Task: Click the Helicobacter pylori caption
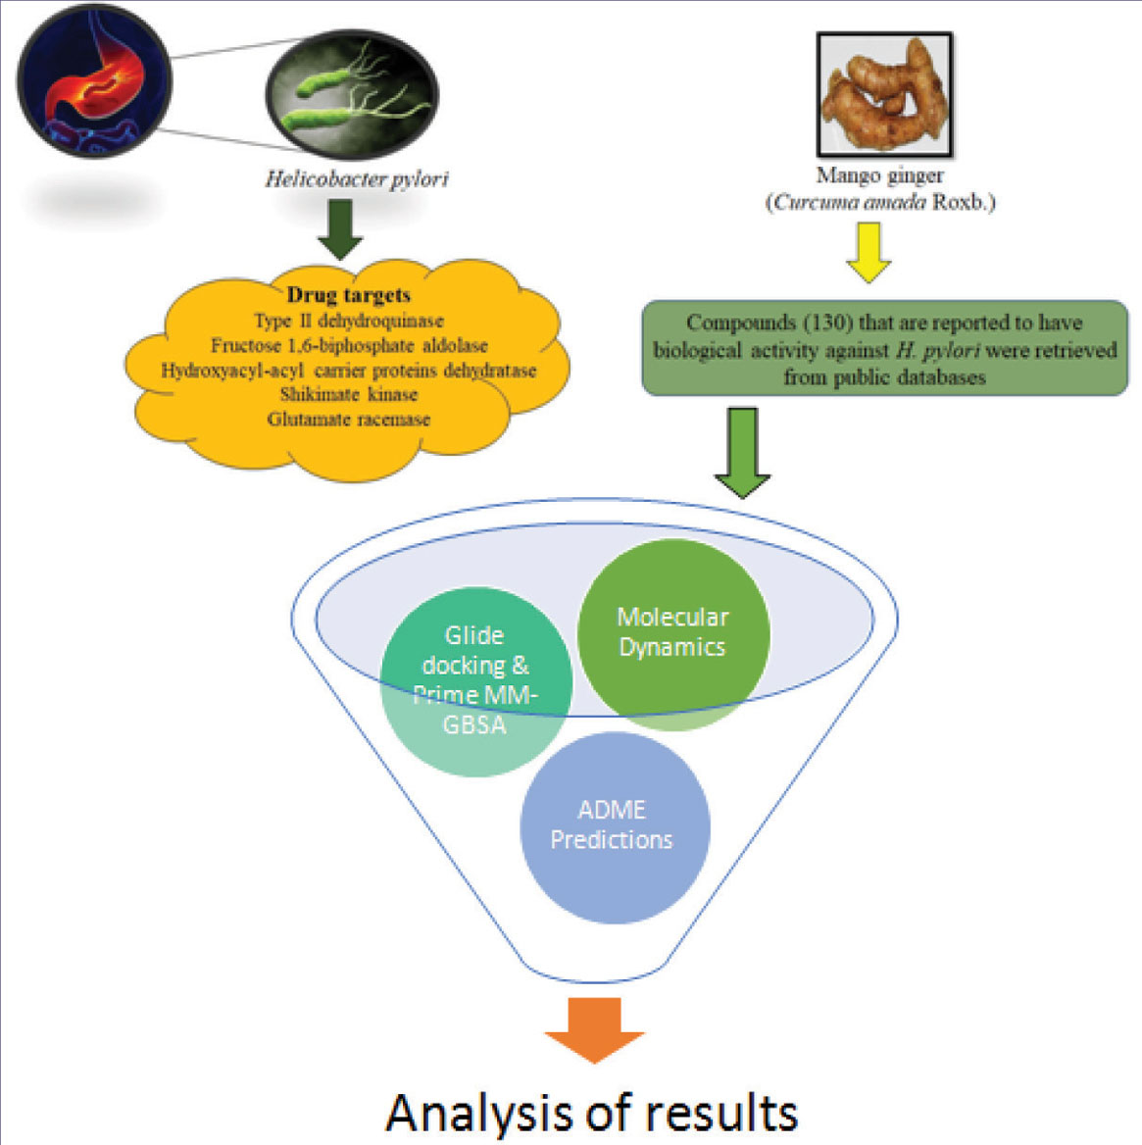click(357, 179)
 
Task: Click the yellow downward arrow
click(868, 252)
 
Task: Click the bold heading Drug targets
click(348, 295)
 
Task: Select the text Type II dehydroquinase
click(348, 321)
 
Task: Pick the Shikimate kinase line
click(348, 394)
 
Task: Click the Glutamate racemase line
click(348, 420)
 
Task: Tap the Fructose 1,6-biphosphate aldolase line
click(348, 345)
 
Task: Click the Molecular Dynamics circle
click(672, 632)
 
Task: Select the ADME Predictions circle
click(614, 826)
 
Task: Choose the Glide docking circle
click(474, 679)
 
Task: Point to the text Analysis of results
click(592, 1112)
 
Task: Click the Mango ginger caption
click(879, 176)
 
